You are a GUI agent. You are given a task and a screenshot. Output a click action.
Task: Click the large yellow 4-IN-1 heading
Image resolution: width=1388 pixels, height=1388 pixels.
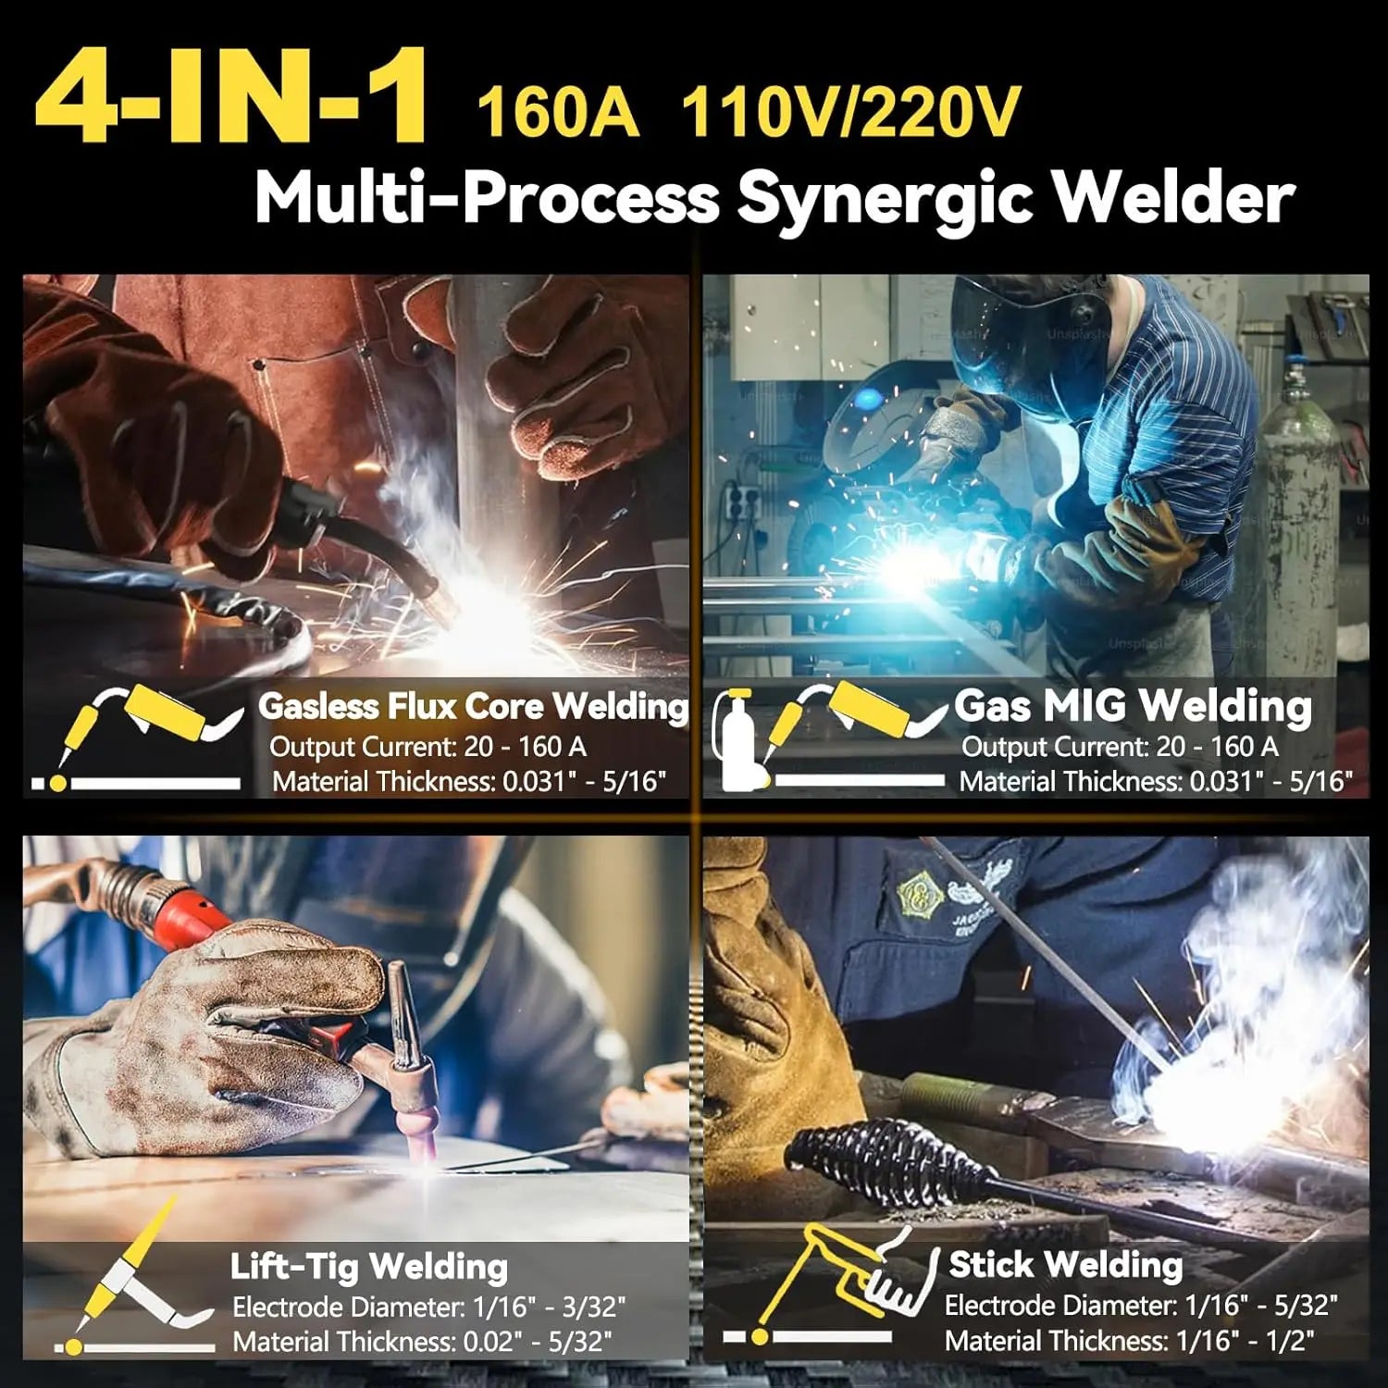pyautogui.click(x=231, y=97)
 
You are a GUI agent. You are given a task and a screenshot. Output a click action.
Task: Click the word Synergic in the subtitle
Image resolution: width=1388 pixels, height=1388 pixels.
pyautogui.click(x=883, y=197)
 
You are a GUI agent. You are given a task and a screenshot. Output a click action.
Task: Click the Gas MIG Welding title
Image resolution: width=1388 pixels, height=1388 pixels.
pyautogui.click(x=1133, y=706)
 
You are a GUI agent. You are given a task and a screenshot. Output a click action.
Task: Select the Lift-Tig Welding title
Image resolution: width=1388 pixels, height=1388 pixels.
pyautogui.click(x=368, y=1267)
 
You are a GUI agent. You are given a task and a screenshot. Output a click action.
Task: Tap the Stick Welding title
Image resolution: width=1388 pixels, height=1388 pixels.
pyautogui.click(x=1065, y=1264)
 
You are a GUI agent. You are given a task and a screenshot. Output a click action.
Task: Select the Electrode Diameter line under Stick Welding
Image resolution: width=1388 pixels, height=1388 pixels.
pyautogui.click(x=1140, y=1306)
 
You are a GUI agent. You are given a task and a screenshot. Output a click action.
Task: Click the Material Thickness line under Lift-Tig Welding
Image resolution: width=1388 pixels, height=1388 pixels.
pyautogui.click(x=422, y=1342)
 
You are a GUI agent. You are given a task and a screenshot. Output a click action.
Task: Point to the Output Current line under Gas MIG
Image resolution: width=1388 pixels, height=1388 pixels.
pyautogui.click(x=1120, y=747)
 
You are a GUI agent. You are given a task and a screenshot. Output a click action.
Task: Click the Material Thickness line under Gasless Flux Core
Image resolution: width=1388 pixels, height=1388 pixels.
pyautogui.click(x=468, y=782)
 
